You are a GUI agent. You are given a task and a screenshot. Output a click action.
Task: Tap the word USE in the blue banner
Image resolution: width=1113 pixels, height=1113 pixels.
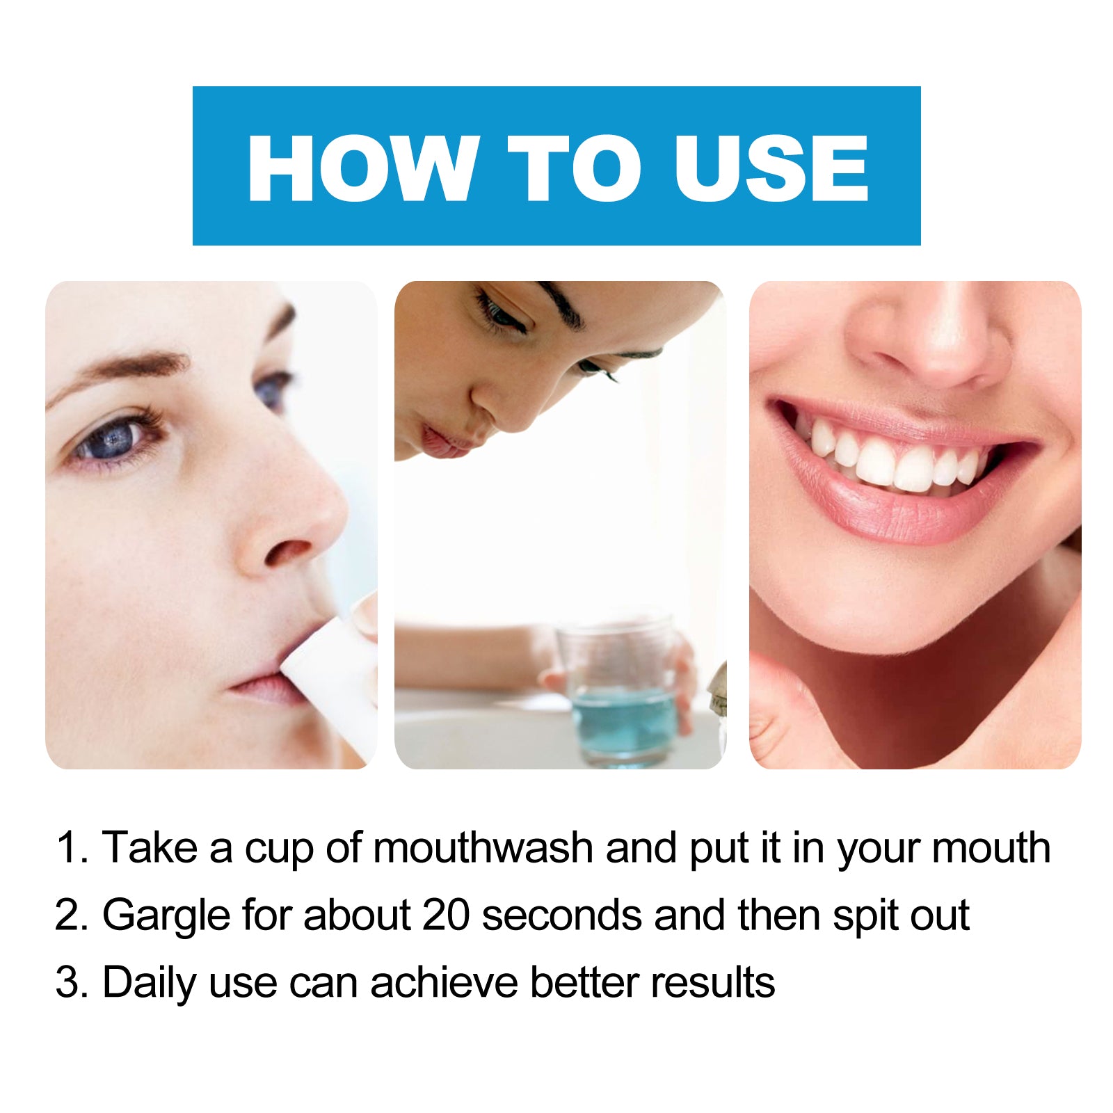[x=771, y=168]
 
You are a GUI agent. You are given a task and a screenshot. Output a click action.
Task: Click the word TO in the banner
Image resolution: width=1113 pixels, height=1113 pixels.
[x=575, y=168]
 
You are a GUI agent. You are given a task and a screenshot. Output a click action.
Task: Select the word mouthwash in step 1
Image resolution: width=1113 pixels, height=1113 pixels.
[x=483, y=848]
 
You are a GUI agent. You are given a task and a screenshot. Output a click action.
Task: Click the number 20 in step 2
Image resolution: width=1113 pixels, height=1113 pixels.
[x=446, y=915]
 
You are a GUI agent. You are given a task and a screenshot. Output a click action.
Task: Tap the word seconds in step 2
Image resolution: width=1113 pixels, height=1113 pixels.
[x=561, y=915]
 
